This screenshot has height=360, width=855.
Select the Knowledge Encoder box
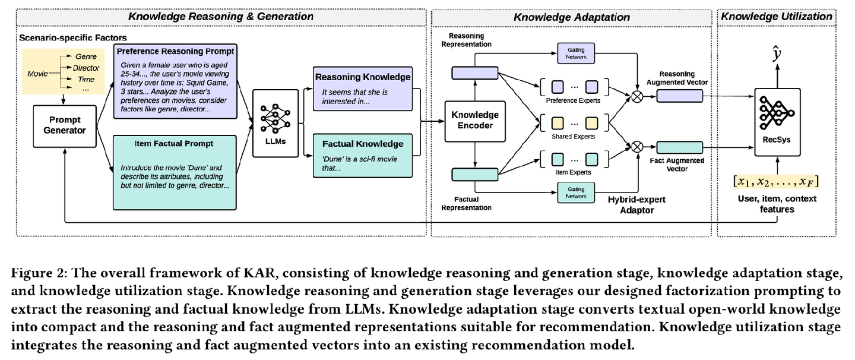[475, 121]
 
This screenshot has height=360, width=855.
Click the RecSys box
[776, 122]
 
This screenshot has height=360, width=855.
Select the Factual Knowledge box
[362, 152]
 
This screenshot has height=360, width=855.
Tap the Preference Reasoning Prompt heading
[176, 50]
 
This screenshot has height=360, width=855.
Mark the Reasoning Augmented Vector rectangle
[679, 96]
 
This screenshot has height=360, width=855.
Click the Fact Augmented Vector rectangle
[679, 147]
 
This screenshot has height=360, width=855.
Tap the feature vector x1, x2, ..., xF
[776, 181]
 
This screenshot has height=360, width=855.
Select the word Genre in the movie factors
[87, 56]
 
